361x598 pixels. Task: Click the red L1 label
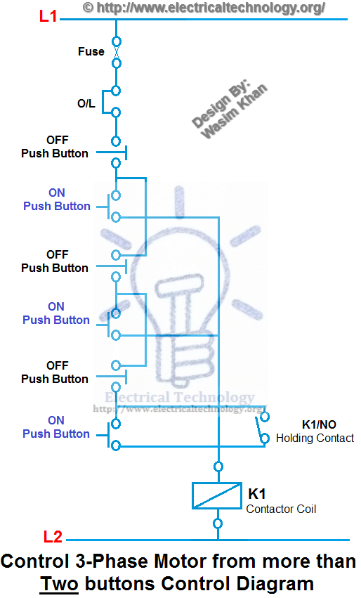pos(48,16)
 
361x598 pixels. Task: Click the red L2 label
pos(53,538)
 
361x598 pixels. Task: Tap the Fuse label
pos(91,51)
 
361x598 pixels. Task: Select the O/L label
pos(86,103)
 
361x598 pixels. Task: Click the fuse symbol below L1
pos(116,52)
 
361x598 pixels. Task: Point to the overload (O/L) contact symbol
pos(112,100)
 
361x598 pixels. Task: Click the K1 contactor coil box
pos(218,496)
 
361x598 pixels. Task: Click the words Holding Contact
pos(315,438)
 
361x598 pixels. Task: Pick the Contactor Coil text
pos(281,508)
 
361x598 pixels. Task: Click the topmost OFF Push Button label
pos(55,147)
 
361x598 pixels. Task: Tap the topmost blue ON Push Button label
pos(56,199)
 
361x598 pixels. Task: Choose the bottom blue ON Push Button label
pos(56,427)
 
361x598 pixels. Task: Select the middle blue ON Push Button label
pos(56,313)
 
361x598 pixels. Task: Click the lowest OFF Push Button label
pos(55,372)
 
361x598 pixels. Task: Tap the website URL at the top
pos(204,8)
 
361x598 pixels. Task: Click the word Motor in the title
pos(154,562)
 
